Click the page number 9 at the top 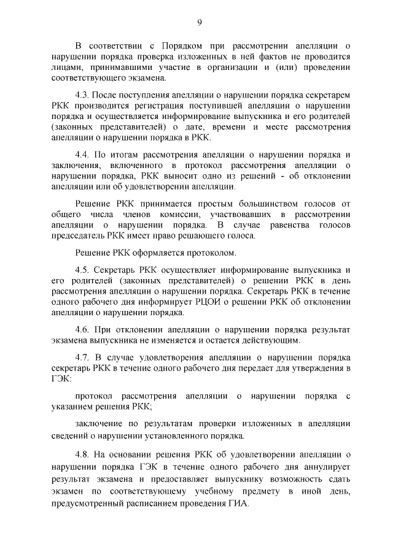tap(200, 23)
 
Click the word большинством tap(269, 203)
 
